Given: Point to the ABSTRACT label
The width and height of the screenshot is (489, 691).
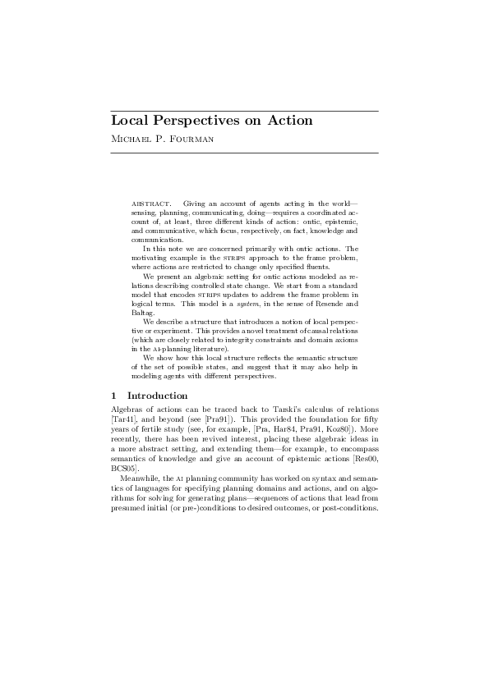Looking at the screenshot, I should (x=151, y=203).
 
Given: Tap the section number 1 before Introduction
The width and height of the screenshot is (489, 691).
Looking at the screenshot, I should (x=113, y=396).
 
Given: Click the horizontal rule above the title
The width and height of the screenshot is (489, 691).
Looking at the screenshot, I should (x=244, y=110).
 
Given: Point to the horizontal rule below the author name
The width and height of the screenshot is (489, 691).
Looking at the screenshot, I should (x=244, y=153).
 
